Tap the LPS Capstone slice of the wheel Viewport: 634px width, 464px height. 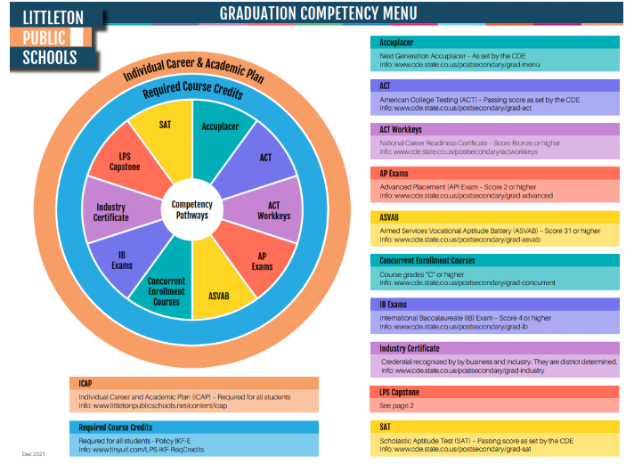click(x=125, y=162)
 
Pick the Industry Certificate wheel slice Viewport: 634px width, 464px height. click(x=111, y=212)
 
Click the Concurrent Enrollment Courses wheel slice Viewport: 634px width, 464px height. click(x=166, y=290)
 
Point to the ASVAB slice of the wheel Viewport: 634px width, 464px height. click(x=219, y=291)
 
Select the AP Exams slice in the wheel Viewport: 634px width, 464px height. click(x=262, y=261)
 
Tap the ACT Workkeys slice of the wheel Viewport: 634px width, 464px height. click(x=273, y=210)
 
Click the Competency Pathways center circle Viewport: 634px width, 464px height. click(x=191, y=210)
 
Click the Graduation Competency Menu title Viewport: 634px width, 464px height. click(x=318, y=13)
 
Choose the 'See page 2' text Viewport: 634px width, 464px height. click(x=397, y=405)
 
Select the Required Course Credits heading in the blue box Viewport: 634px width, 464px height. click(x=116, y=427)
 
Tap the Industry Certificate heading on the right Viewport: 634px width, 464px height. click(x=410, y=348)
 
